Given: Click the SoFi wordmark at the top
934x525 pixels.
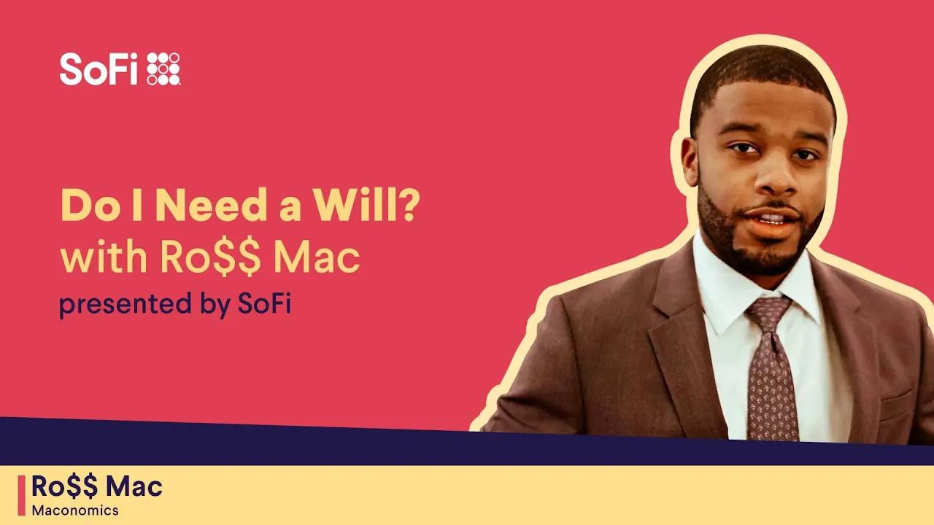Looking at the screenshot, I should (99, 69).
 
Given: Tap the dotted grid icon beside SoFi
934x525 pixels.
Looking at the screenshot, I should (163, 69).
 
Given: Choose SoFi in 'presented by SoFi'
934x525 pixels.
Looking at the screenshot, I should (264, 304).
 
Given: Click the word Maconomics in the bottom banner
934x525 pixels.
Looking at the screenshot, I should (74, 510).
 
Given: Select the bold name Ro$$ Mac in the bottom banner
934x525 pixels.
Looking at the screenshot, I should (97, 486).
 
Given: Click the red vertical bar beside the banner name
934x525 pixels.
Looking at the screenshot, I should (21, 495).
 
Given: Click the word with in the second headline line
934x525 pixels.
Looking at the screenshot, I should (93, 259).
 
